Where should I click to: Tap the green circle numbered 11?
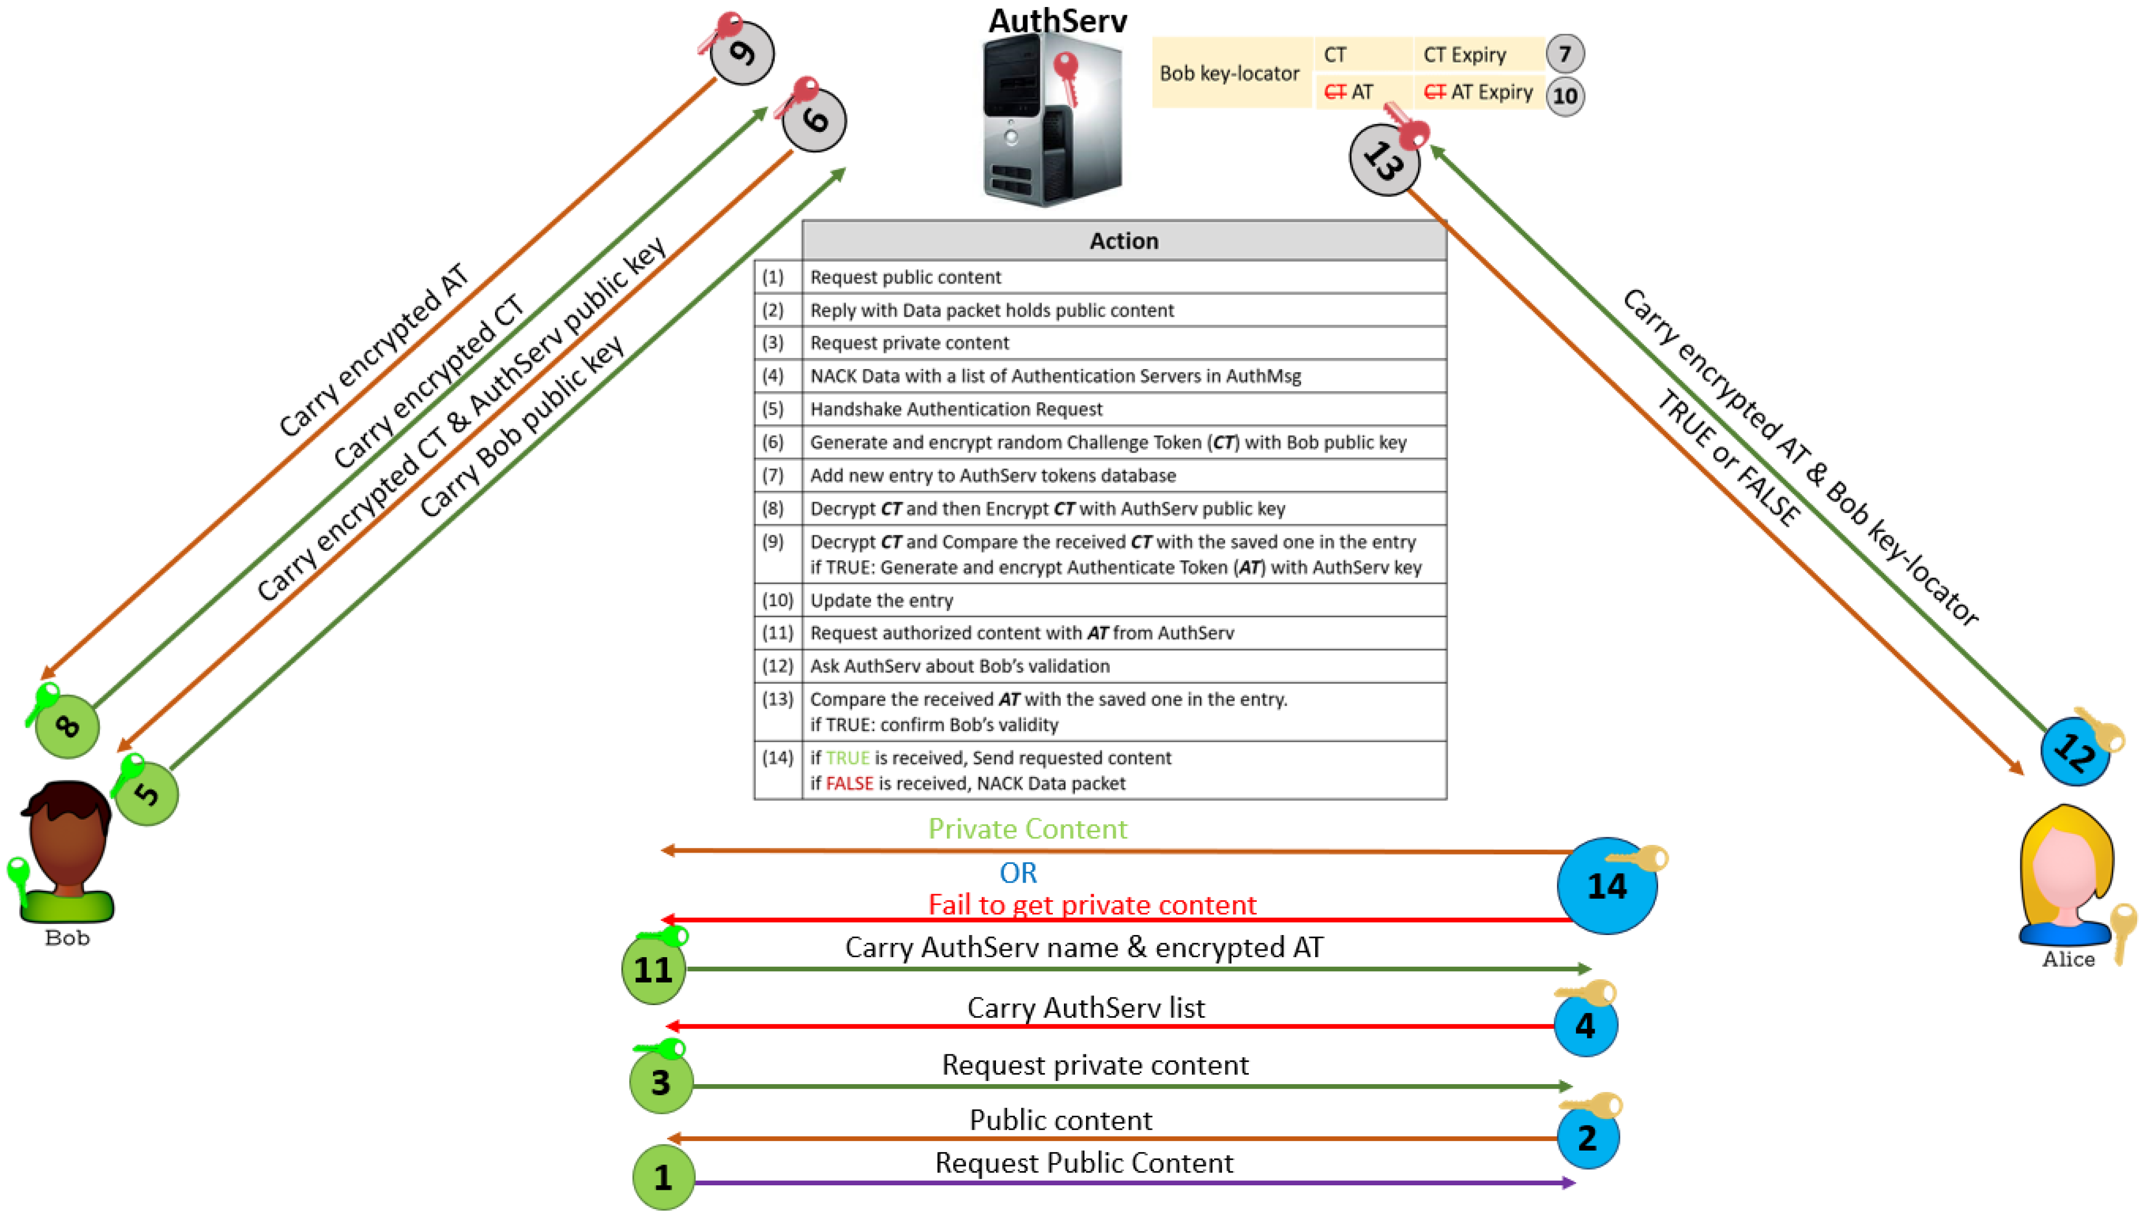[x=653, y=969]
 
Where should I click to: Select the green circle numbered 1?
[x=663, y=1177]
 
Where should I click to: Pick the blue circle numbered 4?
[x=1585, y=1025]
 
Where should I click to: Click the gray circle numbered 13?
[x=1383, y=160]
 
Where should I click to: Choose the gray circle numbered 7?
[x=1564, y=55]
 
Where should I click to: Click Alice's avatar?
[x=2066, y=876]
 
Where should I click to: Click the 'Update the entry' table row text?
[x=881, y=600]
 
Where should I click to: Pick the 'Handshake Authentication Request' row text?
[x=956, y=409]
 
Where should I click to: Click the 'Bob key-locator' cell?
[x=1229, y=74]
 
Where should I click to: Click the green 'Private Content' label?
[x=1027, y=829]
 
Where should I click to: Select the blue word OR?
[x=1018, y=873]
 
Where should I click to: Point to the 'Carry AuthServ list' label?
[x=1086, y=1008]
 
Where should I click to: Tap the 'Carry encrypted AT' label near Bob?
[x=373, y=351]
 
